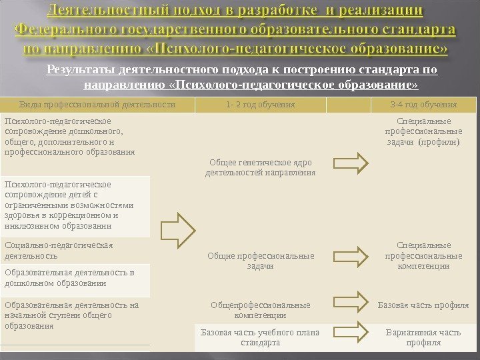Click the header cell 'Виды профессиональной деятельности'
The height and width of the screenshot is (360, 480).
point(98,105)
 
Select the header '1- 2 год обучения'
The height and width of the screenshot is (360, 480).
point(261,105)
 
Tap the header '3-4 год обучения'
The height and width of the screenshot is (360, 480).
point(423,105)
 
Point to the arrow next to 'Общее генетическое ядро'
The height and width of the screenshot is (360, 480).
point(350,163)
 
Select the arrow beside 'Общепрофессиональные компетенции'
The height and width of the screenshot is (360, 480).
point(350,301)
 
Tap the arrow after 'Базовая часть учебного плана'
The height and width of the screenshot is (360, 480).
point(350,331)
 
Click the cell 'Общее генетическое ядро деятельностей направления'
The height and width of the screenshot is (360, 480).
point(261,167)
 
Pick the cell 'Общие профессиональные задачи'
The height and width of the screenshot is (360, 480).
point(261,261)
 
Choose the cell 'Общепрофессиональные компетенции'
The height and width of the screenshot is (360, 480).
point(261,310)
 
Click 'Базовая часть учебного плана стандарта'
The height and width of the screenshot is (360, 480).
point(261,337)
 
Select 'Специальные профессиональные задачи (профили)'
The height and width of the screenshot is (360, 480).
point(423,131)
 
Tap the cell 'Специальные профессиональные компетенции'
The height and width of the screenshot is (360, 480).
point(423,255)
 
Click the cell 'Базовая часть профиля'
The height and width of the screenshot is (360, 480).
point(423,305)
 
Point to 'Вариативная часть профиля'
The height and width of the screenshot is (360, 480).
point(423,337)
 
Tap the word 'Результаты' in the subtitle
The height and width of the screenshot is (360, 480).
point(79,69)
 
